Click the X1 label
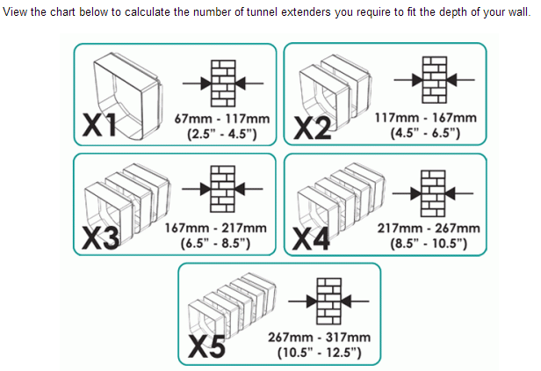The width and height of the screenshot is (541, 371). click(100, 125)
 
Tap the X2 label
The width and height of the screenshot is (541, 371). click(313, 128)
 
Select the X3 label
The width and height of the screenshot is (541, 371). click(101, 238)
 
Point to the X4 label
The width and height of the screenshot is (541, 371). click(311, 239)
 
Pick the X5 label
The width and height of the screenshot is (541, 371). click(206, 346)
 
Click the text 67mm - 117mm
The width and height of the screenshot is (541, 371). click(222, 119)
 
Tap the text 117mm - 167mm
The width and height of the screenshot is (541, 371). click(426, 118)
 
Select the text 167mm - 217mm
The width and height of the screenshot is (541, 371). click(216, 228)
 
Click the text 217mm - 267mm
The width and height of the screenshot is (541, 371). click(429, 229)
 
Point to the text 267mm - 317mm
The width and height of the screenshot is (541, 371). click(320, 337)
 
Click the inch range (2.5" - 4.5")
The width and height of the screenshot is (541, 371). click(222, 134)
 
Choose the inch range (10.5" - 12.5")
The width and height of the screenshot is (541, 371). click(320, 353)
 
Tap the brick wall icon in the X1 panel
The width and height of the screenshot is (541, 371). click(223, 84)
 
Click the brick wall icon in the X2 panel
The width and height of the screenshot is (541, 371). click(435, 80)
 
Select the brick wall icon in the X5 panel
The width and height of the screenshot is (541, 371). click(328, 302)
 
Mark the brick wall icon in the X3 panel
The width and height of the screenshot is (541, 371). click(222, 189)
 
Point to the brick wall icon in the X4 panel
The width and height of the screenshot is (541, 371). click(433, 193)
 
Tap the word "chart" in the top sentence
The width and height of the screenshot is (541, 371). click(63, 12)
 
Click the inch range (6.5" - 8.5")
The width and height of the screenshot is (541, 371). click(216, 244)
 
